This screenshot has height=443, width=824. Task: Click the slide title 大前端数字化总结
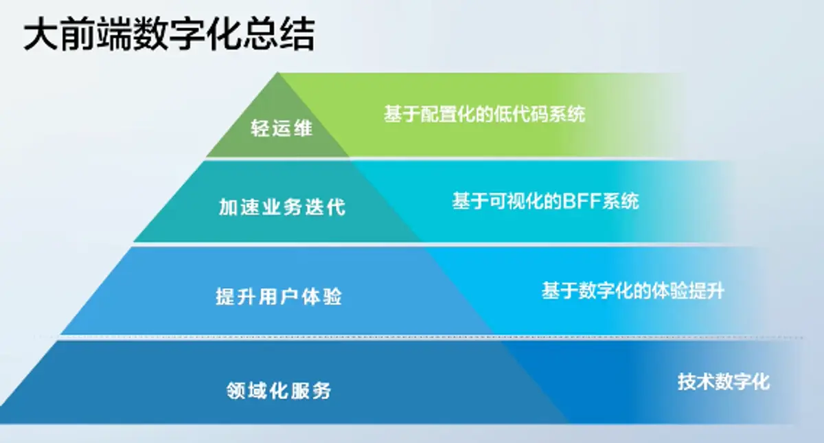[169, 35]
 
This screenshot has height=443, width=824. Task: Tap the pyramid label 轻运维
[282, 128]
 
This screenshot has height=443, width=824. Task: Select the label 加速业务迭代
[282, 207]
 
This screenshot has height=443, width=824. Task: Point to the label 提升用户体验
[279, 296]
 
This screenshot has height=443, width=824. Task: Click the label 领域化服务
[279, 390]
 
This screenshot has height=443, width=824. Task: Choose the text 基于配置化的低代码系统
[485, 114]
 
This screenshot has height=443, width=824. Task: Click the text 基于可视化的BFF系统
[545, 201]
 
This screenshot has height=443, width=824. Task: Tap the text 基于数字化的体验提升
[633, 291]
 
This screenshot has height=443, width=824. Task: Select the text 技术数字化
[724, 382]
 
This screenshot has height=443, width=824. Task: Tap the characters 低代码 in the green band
[520, 114]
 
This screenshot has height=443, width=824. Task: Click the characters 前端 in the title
[96, 35]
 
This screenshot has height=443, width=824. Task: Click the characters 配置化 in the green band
[448, 114]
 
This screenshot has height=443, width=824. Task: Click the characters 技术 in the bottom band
[696, 382]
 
